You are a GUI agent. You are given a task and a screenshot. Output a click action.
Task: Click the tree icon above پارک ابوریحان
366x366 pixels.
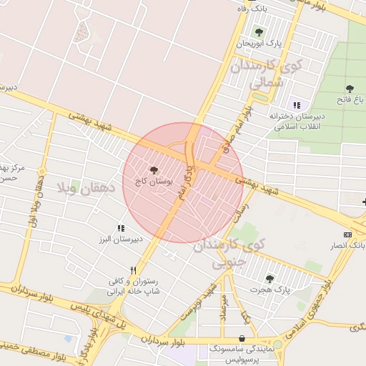pyautogui.click(x=259, y=31)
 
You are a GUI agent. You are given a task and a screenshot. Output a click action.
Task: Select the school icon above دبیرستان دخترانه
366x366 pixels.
pyautogui.click(x=296, y=105)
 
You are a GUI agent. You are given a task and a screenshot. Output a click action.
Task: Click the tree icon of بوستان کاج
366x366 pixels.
pyautogui.click(x=154, y=170)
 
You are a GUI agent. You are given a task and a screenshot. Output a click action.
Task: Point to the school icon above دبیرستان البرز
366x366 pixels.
pyautogui.click(x=121, y=228)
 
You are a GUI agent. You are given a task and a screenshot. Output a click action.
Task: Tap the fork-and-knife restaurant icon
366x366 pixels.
pyautogui.click(x=133, y=270)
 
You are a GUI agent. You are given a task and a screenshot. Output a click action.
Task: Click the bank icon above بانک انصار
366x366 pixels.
pyautogui.click(x=348, y=234)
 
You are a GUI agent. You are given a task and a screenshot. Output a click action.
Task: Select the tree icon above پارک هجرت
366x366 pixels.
pyautogui.click(x=269, y=278)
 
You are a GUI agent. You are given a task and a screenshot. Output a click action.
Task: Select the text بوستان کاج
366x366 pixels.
pyautogui.click(x=154, y=182)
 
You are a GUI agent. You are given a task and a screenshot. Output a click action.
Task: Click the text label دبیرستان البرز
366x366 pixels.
pyautogui.click(x=121, y=239)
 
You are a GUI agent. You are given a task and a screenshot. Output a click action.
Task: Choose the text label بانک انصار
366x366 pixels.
pyautogui.click(x=348, y=246)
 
